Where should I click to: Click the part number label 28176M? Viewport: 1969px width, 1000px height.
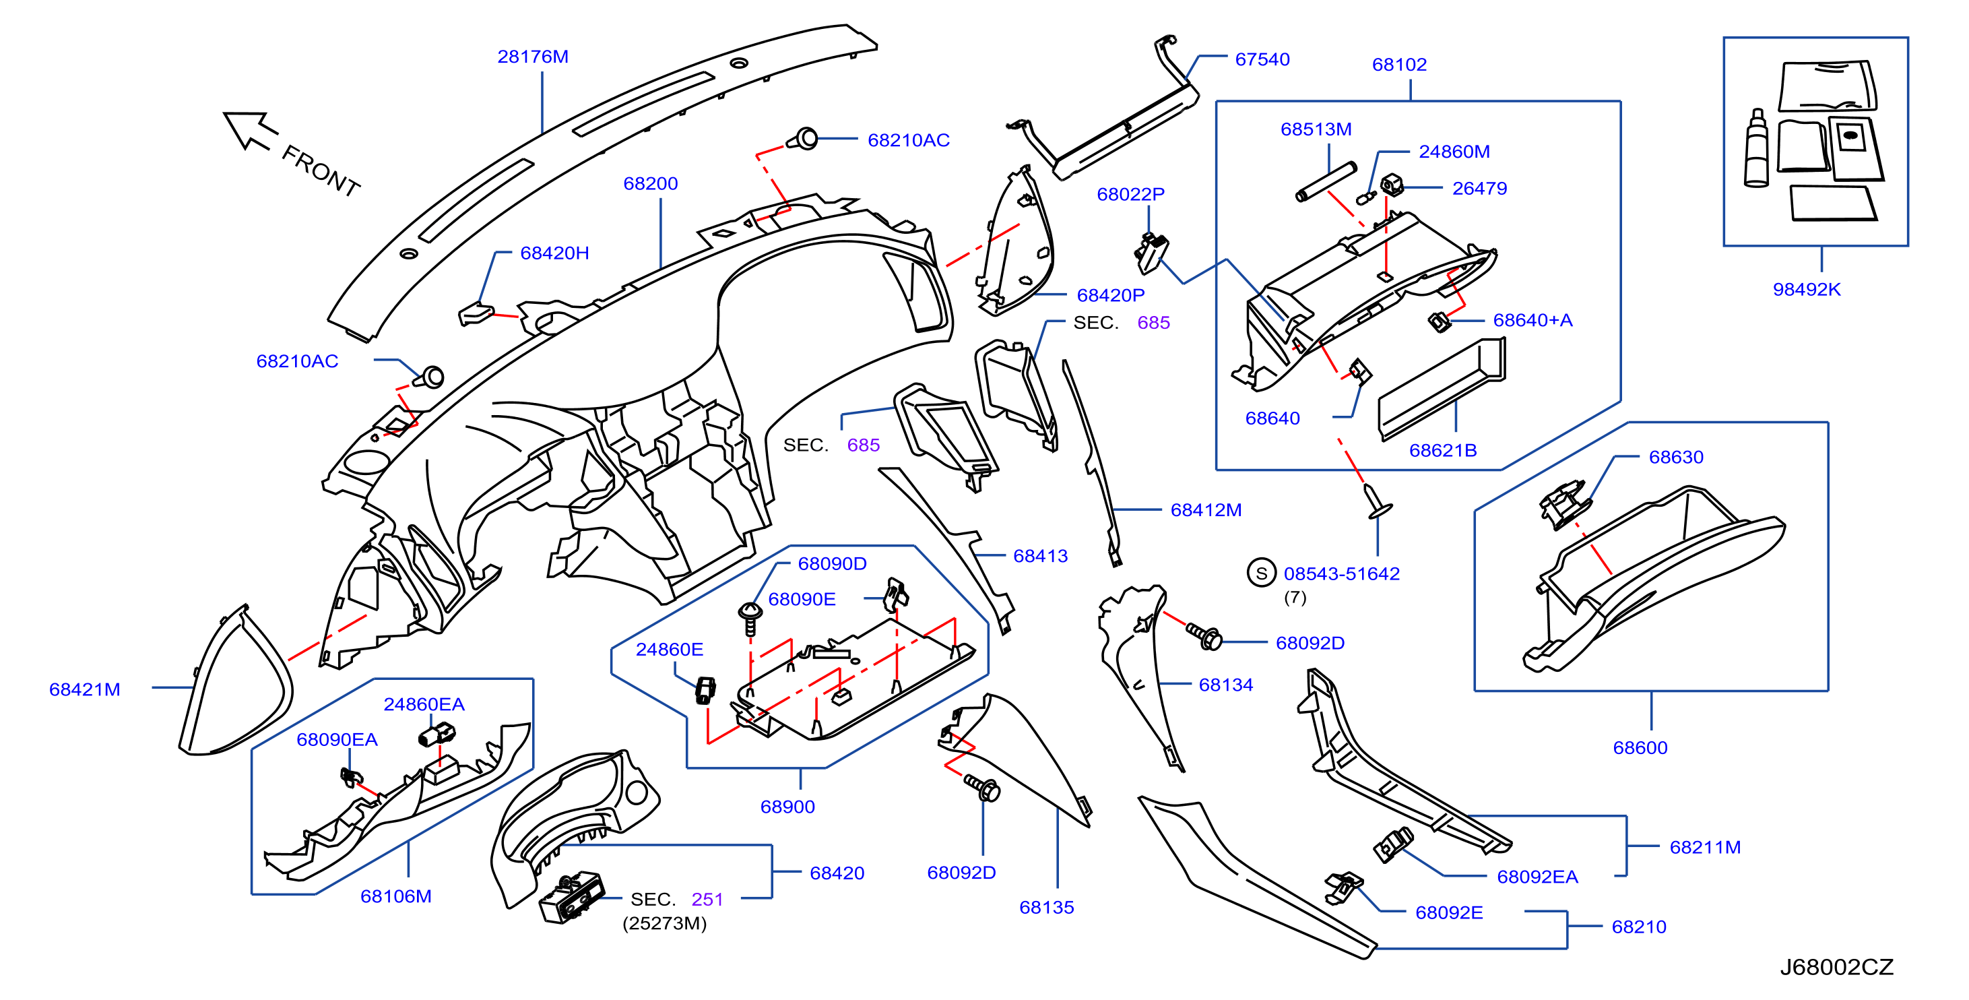[x=533, y=57]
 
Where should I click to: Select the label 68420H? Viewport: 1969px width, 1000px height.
[x=554, y=253]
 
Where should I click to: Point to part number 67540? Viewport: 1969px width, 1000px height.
[x=1262, y=59]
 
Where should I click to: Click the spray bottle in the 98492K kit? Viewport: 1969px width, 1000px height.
[x=1755, y=148]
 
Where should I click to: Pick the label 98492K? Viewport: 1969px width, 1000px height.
[x=1806, y=290]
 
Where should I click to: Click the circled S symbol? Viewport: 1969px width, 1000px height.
[x=1261, y=573]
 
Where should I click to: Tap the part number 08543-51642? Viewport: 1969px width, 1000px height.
[x=1341, y=574]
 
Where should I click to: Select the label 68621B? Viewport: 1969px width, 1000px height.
[x=1442, y=450]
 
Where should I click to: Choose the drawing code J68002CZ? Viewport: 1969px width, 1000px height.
[x=1836, y=967]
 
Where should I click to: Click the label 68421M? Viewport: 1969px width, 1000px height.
[x=85, y=689]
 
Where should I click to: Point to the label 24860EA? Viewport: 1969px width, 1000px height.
[x=424, y=704]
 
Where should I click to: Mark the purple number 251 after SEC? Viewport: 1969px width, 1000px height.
[x=707, y=900]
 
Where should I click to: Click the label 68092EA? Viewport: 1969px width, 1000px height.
[x=1537, y=877]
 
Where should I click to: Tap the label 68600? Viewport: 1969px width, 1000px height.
[x=1640, y=748]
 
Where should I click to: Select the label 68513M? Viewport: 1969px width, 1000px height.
[x=1316, y=129]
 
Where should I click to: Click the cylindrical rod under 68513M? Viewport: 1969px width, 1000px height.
[x=1326, y=182]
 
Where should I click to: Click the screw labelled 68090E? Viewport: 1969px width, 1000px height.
[x=750, y=618]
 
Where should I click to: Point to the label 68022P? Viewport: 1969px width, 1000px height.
[x=1130, y=194]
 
